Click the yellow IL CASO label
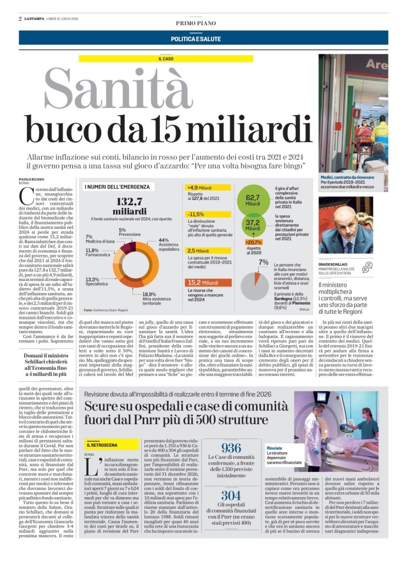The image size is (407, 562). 166,58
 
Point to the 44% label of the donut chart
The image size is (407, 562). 163,240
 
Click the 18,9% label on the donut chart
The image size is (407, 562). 149,294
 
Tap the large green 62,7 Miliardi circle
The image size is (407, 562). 253,200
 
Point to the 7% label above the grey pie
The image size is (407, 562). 263,262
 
